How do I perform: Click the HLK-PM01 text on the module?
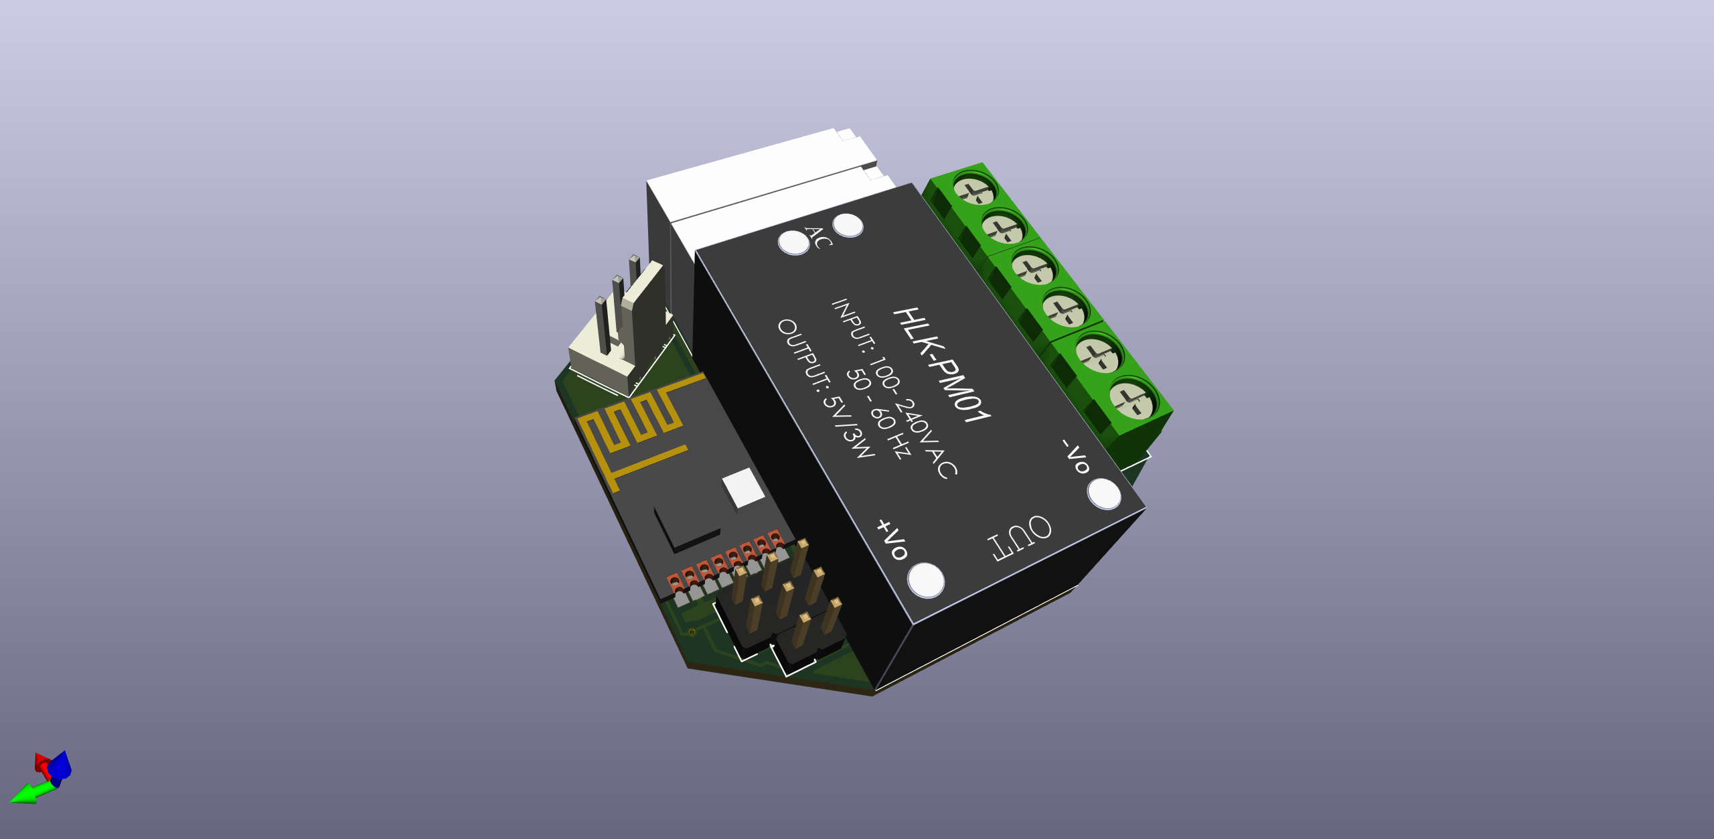tap(941, 365)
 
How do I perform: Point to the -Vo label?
tap(1077, 457)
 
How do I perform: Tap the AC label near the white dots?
tap(818, 237)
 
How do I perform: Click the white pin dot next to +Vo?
tap(926, 580)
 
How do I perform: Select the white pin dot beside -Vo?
tap(1104, 494)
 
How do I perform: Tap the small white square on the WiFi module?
tap(743, 487)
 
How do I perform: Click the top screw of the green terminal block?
tap(975, 188)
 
